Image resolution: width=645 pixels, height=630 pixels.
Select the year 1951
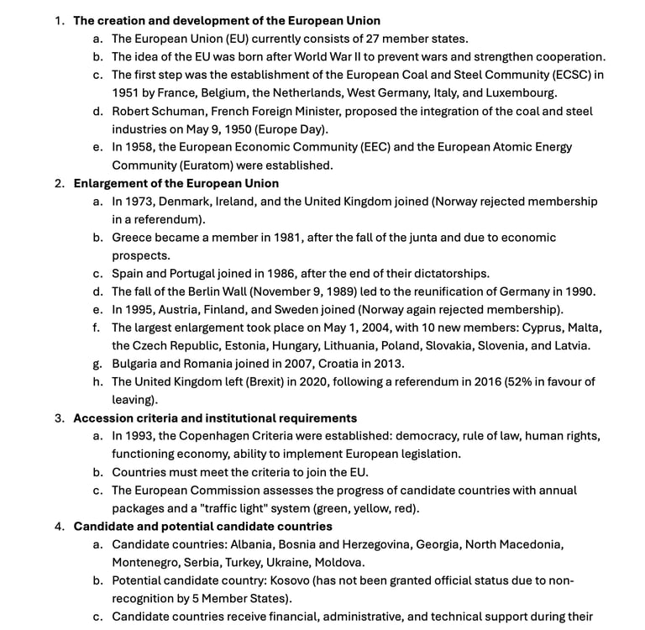[x=128, y=92]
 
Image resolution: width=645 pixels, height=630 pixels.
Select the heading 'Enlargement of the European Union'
[x=176, y=183]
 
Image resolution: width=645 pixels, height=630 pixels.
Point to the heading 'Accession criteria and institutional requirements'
[x=215, y=418]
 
